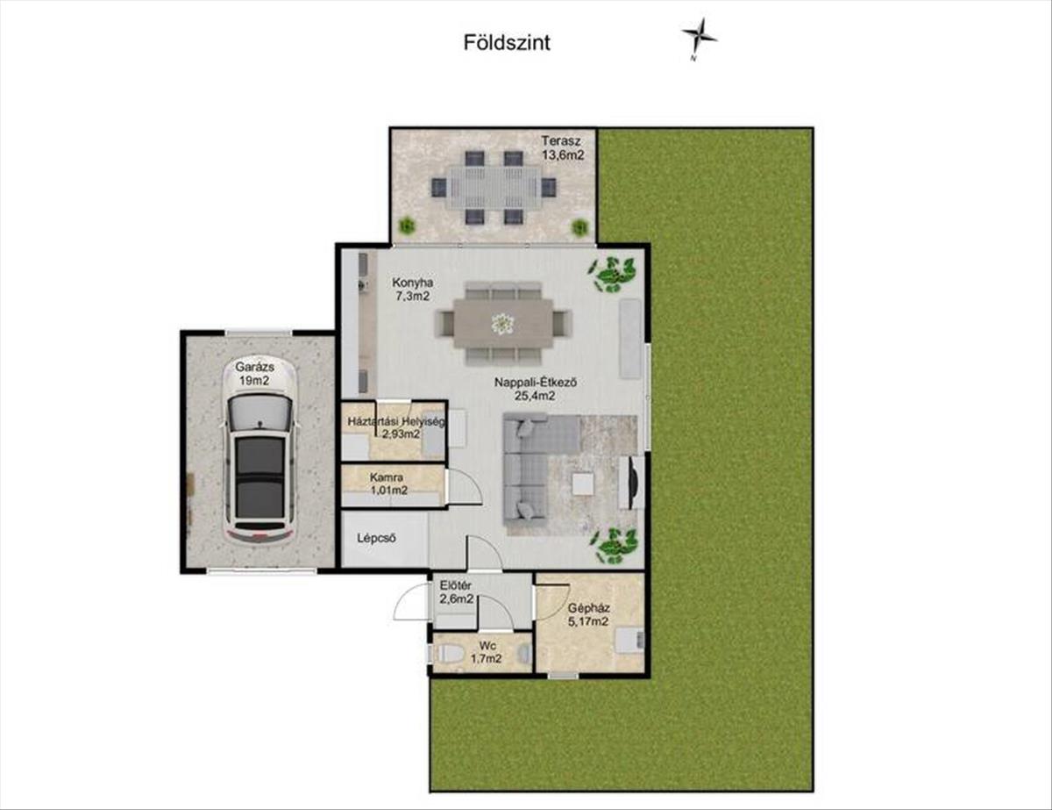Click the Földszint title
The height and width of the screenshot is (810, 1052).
507,43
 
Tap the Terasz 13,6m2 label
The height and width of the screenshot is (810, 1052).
563,147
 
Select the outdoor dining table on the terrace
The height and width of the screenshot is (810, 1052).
494,188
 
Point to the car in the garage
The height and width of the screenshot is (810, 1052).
260,451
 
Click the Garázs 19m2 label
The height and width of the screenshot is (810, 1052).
254,374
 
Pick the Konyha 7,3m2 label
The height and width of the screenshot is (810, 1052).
413,290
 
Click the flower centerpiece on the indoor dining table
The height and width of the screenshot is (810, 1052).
502,323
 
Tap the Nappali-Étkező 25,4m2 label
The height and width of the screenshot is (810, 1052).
536,389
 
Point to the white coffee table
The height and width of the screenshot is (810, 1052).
582,484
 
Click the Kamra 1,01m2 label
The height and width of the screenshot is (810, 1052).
388,484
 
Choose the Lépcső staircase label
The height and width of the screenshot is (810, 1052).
377,538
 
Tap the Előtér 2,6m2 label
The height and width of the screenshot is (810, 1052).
456,592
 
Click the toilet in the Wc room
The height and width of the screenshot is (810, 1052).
448,655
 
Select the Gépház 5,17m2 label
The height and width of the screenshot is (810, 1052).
588,614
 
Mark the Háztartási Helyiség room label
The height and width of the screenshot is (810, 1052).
395,421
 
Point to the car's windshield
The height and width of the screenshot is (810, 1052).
260,412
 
